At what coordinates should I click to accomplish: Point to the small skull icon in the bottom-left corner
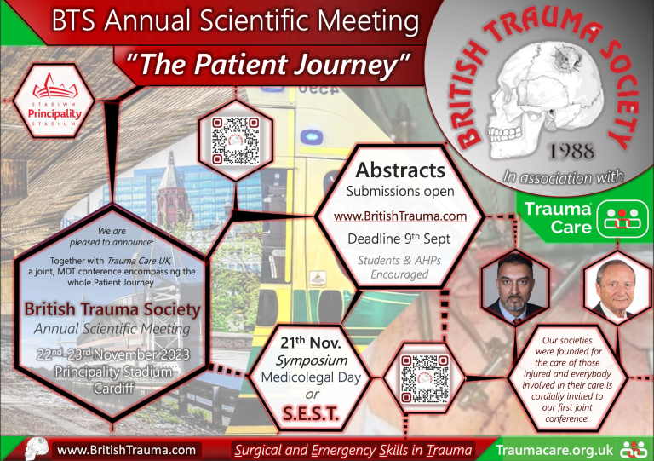point(37,447)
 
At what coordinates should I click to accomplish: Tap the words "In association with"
point(563,177)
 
